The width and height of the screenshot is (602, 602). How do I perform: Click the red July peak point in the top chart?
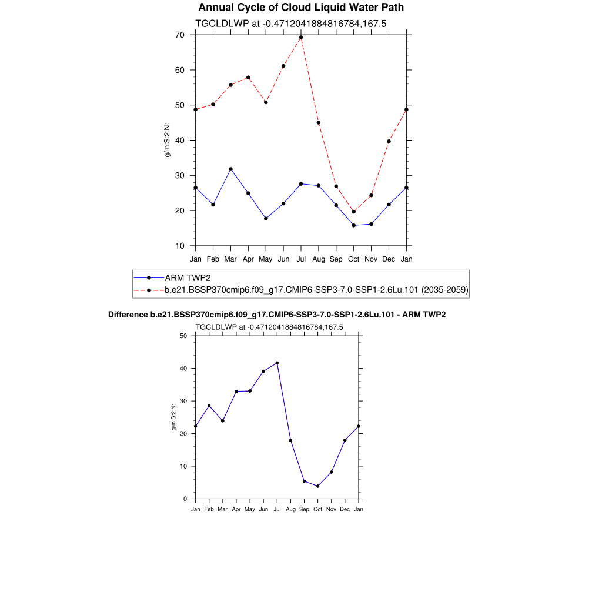coord(301,37)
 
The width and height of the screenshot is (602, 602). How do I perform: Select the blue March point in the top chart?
coord(230,169)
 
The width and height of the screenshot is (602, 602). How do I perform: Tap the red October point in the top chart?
coord(354,212)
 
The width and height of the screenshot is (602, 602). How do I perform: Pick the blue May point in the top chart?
coord(266,219)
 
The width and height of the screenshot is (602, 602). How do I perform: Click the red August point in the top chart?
coord(319,122)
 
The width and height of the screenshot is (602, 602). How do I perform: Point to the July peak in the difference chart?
coord(277,363)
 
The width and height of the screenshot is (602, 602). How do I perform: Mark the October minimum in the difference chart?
coord(317,486)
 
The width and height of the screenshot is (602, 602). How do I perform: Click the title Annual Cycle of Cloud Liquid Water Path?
coord(301,8)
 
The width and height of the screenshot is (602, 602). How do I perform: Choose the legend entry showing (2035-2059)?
coord(316,290)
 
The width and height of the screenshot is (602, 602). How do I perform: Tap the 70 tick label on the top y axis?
coord(179,35)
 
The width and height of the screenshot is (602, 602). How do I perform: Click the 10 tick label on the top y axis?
coord(179,246)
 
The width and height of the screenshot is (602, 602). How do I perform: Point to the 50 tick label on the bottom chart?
coord(183,336)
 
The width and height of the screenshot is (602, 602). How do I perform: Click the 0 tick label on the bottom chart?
coord(185,499)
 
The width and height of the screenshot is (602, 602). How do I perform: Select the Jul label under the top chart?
coord(301,259)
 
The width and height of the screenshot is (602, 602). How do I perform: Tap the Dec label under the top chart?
coord(389,259)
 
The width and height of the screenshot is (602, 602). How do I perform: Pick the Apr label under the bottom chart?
coord(236,509)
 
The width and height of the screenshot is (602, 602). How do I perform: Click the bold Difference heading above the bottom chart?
coord(277,315)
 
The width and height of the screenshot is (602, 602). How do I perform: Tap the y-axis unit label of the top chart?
coord(168,141)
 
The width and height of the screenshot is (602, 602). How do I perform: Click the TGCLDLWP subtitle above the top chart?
coord(290,23)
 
